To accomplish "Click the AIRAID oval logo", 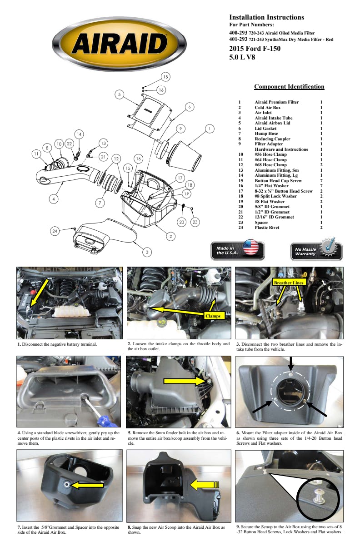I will click(x=119, y=44).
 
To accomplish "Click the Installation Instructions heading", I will click(x=266, y=17).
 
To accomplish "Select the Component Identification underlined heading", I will click(x=289, y=87).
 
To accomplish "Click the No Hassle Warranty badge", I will click(x=316, y=251).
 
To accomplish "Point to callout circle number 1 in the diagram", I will click(x=209, y=129).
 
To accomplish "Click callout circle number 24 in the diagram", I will click(x=55, y=231).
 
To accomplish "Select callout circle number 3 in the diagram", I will click(x=148, y=251).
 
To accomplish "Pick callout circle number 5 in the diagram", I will click(x=119, y=94).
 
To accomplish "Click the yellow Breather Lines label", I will click(x=289, y=283).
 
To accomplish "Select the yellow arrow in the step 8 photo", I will click(x=205, y=485).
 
